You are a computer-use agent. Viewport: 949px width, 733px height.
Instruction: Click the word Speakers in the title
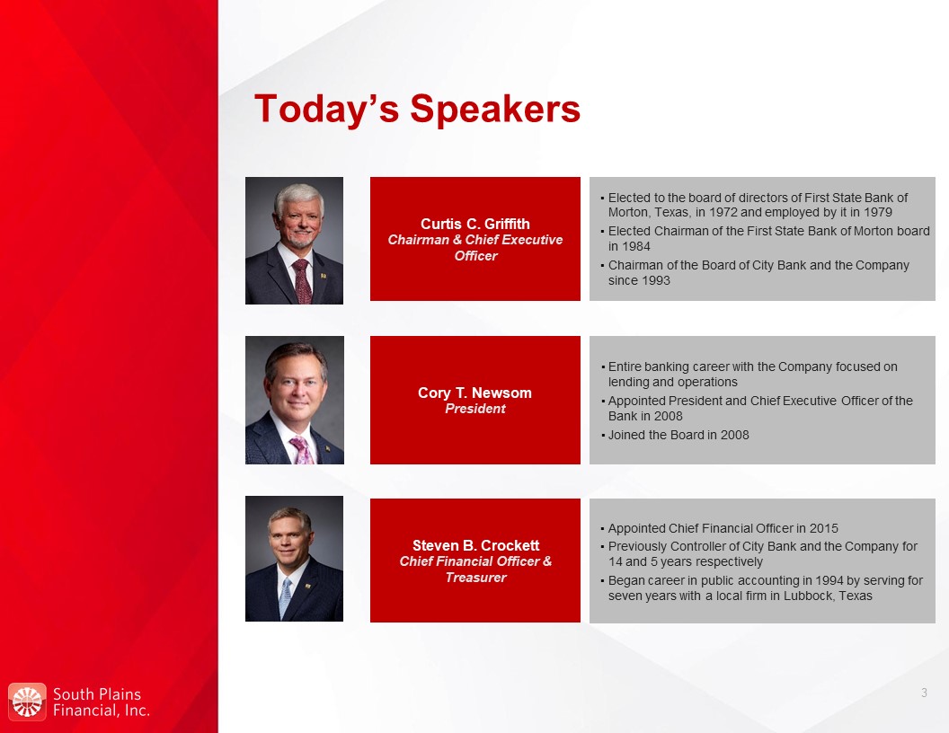click(495, 110)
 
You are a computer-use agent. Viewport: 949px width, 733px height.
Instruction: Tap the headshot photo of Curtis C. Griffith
click(294, 241)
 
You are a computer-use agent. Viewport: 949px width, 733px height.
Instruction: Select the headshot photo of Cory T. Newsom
click(295, 401)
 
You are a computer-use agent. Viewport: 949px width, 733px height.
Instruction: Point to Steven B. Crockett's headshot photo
click(294, 559)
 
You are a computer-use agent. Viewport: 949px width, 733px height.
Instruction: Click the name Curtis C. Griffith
click(475, 224)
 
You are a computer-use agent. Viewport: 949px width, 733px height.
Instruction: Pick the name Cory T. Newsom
click(475, 393)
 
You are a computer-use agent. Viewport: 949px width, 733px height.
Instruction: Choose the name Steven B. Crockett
click(475, 545)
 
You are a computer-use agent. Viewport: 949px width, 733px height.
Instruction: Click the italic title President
click(475, 409)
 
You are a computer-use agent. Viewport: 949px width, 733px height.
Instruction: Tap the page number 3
click(924, 693)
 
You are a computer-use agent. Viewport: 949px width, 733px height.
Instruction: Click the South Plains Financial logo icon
click(27, 702)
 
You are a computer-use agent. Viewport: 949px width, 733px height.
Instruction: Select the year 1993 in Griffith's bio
click(655, 280)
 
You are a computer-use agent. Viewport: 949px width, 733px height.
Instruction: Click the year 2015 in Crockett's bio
click(824, 528)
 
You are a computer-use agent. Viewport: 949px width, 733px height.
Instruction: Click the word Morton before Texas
click(628, 212)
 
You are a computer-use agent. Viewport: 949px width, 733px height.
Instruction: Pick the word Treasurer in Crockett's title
click(475, 578)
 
